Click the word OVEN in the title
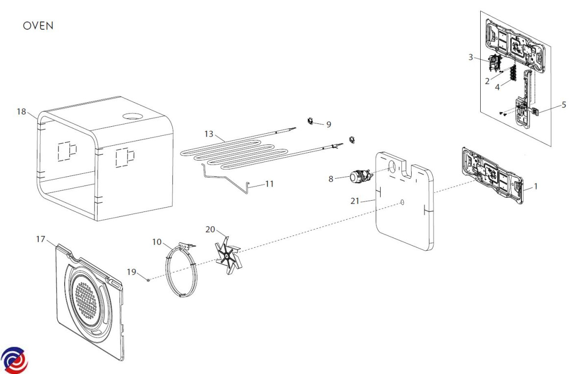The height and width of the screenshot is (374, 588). click(38, 26)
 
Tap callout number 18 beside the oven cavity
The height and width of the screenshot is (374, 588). click(21, 112)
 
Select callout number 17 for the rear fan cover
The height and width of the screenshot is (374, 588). click(41, 239)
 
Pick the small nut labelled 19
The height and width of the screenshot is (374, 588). click(148, 280)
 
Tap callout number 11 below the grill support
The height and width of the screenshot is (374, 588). click(269, 184)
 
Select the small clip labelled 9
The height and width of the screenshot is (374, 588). click(311, 120)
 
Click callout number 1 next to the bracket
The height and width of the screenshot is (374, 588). click(536, 186)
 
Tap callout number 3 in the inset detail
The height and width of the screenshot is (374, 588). click(471, 57)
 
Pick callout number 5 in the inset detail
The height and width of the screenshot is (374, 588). click(563, 105)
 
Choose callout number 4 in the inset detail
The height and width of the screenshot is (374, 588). click(497, 87)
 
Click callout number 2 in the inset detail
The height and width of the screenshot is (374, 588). click(487, 81)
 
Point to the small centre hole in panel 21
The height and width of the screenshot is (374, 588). click(402, 202)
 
